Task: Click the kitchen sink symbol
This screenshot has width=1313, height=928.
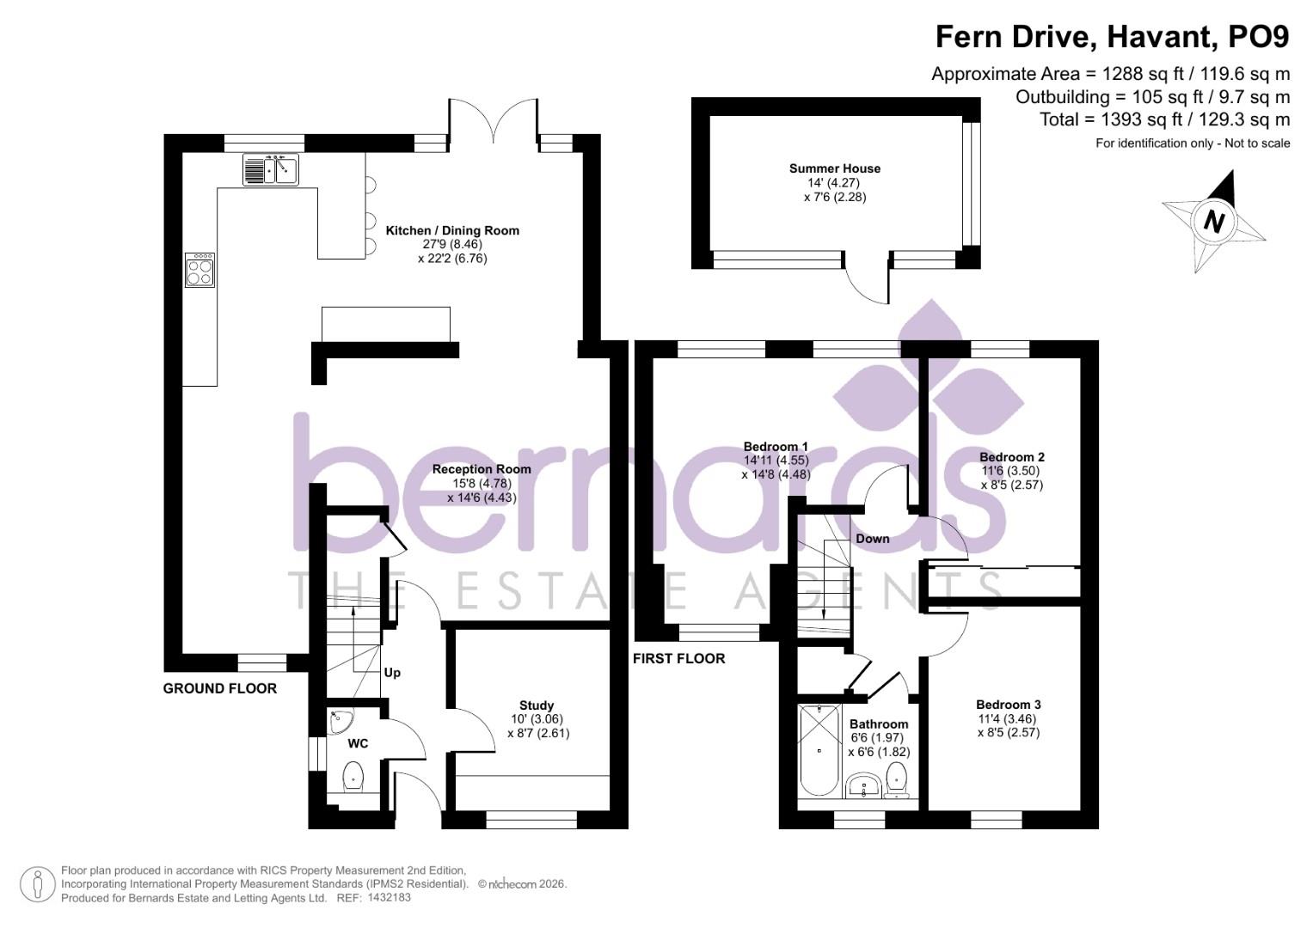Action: [x=270, y=169]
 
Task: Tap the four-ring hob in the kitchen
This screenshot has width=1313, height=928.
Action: [x=199, y=271]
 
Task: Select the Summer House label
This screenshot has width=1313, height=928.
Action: [x=835, y=168]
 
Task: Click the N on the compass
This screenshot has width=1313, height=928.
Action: [x=1213, y=222]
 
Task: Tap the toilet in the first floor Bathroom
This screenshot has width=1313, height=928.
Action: [x=897, y=778]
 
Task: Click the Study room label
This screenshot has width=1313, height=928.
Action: [x=537, y=705]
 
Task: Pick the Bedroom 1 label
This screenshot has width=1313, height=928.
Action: [x=776, y=447]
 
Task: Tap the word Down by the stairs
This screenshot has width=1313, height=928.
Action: [x=872, y=539]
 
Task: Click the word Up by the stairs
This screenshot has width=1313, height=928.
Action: [x=392, y=672]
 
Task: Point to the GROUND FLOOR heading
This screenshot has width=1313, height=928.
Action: [x=220, y=688]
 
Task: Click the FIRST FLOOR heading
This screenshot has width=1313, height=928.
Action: [x=679, y=659]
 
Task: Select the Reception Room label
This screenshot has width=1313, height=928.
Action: [x=482, y=469]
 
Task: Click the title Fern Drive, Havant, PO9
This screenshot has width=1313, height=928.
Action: [x=1112, y=37]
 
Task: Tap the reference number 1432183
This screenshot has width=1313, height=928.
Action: [x=389, y=897]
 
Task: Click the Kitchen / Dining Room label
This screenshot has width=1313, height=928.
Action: [x=452, y=230]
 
